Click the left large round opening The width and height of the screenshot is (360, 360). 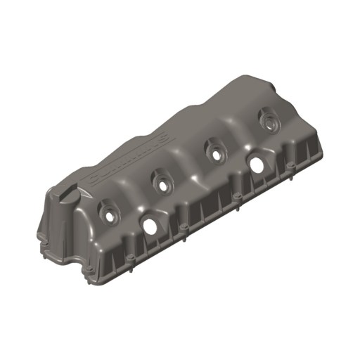pyautogui.click(x=150, y=225)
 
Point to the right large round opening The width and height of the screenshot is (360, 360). pyautogui.click(x=257, y=163)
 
